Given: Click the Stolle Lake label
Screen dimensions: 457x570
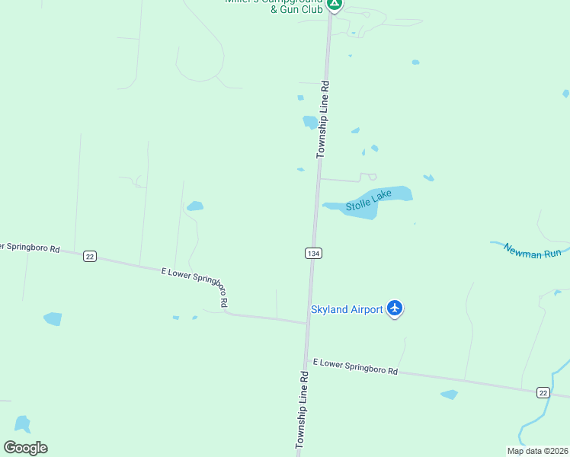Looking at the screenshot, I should [369, 201].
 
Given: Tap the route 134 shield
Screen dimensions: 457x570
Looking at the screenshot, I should [313, 253].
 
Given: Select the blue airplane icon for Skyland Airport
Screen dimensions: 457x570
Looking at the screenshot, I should [394, 308].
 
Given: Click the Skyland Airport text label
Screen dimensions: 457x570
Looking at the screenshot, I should [346, 309].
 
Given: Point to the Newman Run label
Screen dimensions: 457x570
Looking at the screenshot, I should [532, 252].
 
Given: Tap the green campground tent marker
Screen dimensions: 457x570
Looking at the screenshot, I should [334, 4].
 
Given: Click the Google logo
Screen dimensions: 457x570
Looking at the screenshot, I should [25, 448].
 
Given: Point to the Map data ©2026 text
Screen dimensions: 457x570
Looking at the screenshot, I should [537, 451].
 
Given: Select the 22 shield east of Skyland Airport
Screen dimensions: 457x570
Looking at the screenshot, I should [543, 391].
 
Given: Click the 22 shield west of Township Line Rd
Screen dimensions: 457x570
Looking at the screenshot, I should [90, 257].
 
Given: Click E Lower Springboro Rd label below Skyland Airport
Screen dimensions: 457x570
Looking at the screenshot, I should [355, 366].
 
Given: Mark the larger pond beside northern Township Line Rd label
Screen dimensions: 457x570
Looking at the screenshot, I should [310, 122].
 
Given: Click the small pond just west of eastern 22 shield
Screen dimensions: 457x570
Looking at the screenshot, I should [450, 395].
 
